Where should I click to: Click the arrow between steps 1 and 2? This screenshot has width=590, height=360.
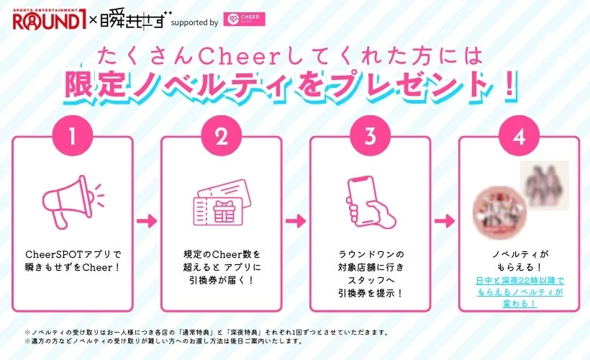coord(147,220)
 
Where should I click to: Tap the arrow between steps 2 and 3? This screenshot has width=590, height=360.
coord(296,220)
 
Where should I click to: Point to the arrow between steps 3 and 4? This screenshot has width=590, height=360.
coord(445,220)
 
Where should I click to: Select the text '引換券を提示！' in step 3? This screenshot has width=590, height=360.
coord(371,293)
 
